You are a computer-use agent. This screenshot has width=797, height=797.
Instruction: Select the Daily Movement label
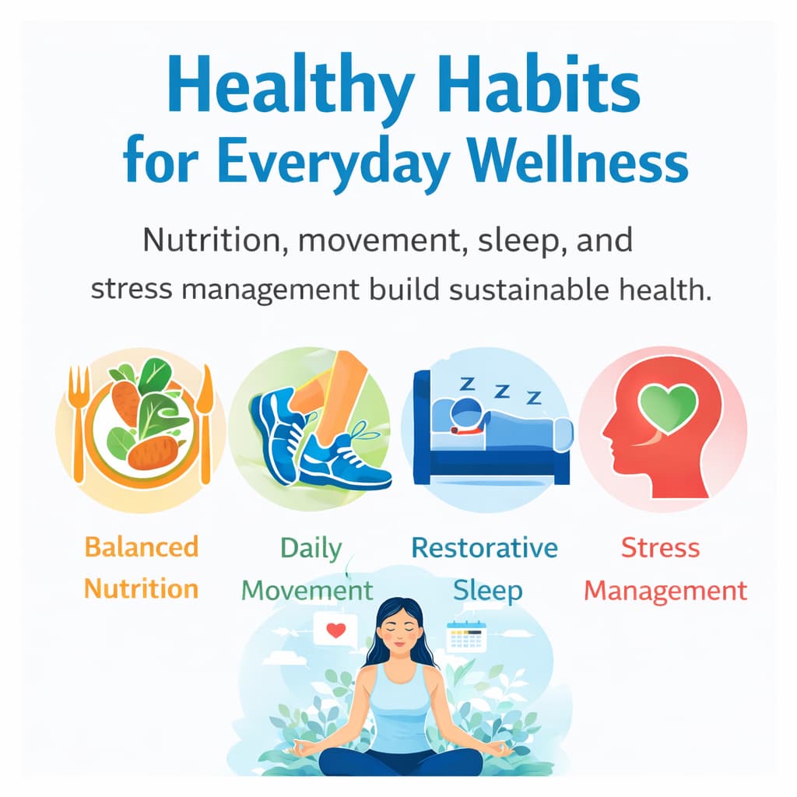(308, 569)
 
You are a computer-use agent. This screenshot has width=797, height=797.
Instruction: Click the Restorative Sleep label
(484, 569)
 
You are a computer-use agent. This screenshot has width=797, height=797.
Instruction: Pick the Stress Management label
(665, 569)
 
